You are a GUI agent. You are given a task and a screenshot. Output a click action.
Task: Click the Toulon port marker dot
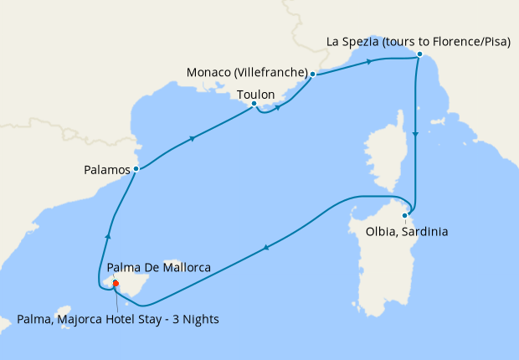254,104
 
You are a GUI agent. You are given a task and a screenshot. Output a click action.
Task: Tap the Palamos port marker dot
136,170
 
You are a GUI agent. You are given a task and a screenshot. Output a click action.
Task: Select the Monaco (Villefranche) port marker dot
312,75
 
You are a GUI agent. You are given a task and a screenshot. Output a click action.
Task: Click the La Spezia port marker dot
419,55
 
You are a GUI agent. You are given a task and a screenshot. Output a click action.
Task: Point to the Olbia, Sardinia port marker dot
404,216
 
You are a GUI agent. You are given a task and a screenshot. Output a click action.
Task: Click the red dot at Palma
116,283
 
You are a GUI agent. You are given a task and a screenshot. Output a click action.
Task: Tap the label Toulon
256,95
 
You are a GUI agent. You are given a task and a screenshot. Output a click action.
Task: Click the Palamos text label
107,169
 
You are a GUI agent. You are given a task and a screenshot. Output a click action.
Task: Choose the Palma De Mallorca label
158,268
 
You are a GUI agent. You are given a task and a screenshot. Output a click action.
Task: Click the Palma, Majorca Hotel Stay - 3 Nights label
118,318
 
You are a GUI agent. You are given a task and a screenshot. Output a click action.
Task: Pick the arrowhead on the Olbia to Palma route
266,247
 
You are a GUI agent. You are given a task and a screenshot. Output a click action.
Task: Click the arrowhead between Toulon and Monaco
277,106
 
